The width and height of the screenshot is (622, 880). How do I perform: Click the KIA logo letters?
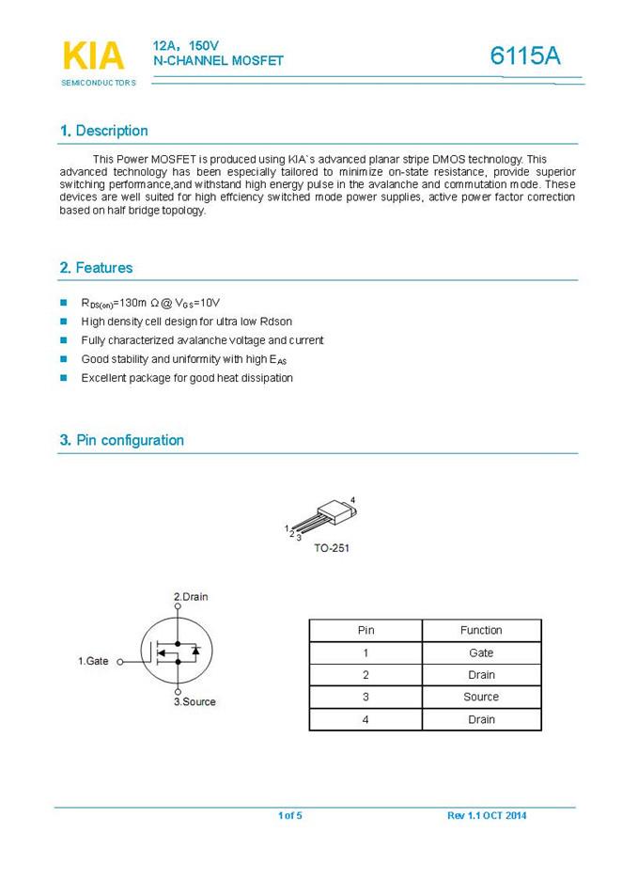click(x=93, y=56)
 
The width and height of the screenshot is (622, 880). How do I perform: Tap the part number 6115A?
click(x=525, y=56)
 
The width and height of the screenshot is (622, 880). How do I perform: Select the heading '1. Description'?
click(x=103, y=131)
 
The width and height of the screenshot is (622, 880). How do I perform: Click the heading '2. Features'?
click(x=96, y=268)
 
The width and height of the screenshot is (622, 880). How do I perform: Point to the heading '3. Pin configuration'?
click(x=121, y=440)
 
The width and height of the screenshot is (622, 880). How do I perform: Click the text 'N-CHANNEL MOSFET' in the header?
click(x=218, y=60)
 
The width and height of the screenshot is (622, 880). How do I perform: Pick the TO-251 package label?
click(x=332, y=548)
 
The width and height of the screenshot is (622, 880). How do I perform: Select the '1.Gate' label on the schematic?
click(x=93, y=661)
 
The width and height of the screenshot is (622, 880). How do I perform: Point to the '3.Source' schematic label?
click(x=194, y=702)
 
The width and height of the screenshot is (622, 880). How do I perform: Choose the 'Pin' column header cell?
click(x=365, y=630)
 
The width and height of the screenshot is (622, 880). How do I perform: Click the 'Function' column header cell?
click(x=481, y=630)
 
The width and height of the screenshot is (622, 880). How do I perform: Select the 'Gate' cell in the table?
click(x=481, y=652)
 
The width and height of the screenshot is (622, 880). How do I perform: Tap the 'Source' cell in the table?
click(x=481, y=697)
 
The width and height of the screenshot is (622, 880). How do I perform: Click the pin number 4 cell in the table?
click(x=365, y=719)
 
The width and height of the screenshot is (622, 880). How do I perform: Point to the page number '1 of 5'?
click(x=290, y=815)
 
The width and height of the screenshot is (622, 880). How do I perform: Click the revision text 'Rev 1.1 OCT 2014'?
click(x=487, y=815)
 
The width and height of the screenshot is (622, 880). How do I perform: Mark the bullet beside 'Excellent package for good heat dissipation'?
click(x=64, y=378)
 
